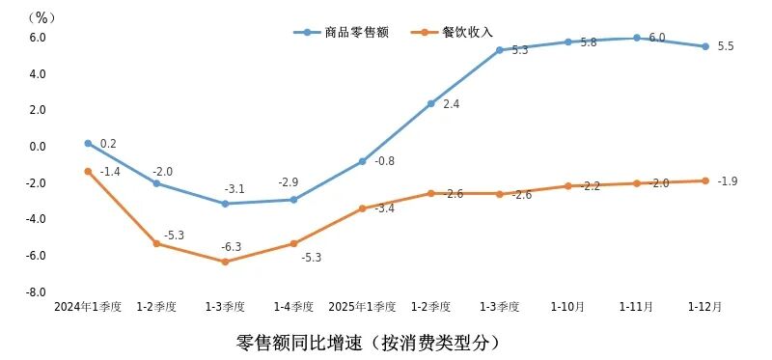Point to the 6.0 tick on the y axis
click(37, 38)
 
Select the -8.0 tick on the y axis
click(36, 292)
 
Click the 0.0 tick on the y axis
click(37, 147)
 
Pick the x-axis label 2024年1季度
click(88, 307)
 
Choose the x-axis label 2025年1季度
click(362, 307)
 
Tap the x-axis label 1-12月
click(704, 307)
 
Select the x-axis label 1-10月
click(567, 307)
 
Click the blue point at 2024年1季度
click(88, 143)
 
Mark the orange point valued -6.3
click(225, 262)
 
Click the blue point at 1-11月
click(636, 38)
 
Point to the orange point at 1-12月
click(704, 180)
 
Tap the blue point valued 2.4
click(430, 103)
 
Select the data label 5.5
click(726, 46)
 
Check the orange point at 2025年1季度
click(362, 208)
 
